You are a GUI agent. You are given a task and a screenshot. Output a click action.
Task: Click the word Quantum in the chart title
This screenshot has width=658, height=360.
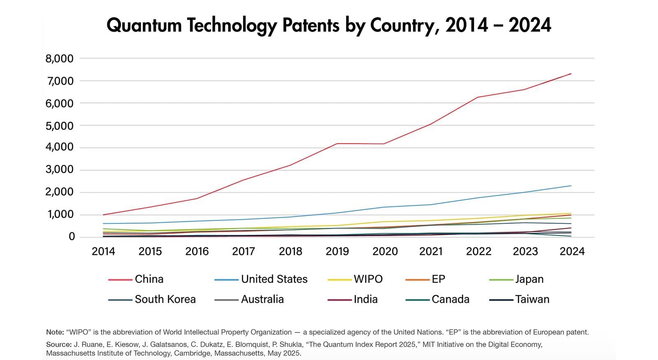click(144, 26)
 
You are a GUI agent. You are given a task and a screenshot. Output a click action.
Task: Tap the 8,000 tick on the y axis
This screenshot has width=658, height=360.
click(60, 59)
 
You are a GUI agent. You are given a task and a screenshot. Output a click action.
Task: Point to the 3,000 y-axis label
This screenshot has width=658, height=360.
click(60, 170)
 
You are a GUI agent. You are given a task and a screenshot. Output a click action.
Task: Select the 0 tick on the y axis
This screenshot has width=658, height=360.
click(72, 237)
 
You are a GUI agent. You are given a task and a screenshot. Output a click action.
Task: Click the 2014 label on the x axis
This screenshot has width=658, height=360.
click(103, 251)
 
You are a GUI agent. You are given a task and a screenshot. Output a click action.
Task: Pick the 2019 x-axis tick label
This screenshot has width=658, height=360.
click(337, 251)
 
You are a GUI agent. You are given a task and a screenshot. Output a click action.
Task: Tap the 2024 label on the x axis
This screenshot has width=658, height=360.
click(572, 251)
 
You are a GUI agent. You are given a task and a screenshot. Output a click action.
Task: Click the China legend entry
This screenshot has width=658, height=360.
click(149, 279)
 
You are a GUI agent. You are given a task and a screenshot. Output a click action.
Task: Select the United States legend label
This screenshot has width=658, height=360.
click(274, 279)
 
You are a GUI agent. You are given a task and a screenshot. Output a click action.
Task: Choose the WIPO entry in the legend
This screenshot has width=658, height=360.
click(368, 279)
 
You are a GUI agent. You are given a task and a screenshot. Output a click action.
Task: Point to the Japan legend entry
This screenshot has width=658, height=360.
click(529, 279)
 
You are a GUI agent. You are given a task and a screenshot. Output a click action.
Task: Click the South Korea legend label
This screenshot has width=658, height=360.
click(165, 300)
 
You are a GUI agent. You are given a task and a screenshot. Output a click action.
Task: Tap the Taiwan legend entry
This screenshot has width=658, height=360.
click(532, 300)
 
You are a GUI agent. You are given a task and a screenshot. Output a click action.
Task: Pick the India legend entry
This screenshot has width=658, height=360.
click(366, 300)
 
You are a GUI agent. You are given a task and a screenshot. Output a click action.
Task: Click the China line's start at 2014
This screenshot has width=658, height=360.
click(103, 215)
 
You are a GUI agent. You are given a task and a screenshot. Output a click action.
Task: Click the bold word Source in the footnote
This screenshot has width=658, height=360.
click(58, 345)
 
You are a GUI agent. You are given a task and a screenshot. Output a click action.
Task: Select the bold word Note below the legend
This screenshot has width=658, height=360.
click(54, 332)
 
